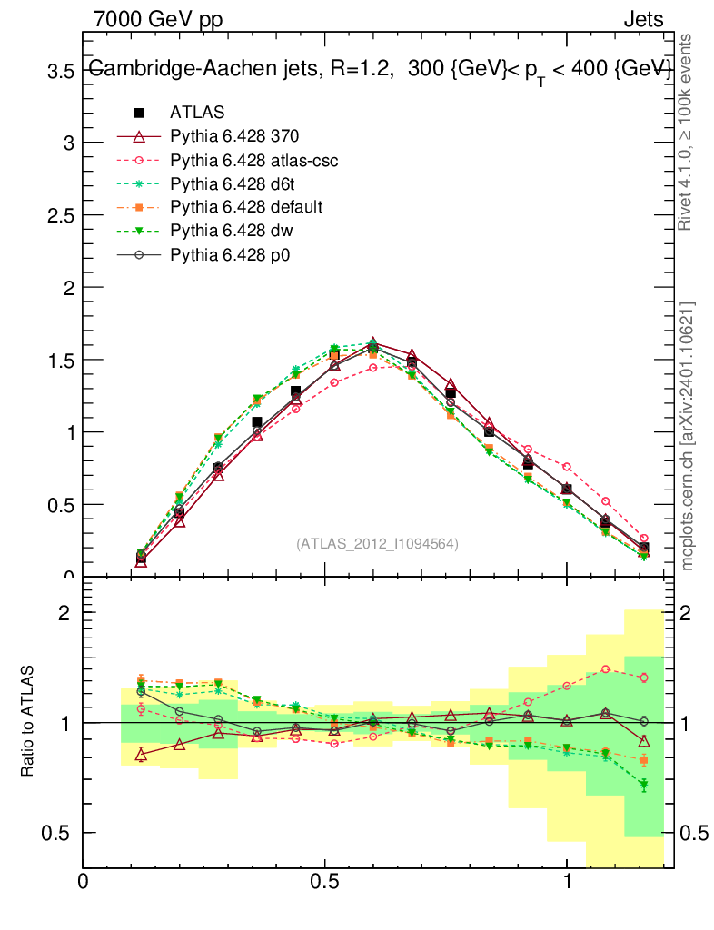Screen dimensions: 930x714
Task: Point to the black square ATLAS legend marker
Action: [139, 113]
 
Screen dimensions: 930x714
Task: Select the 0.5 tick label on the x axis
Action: [325, 881]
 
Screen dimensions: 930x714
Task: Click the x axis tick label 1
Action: [567, 881]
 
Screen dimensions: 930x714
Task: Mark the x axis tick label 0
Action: [84, 881]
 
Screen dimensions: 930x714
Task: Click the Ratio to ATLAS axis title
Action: [27, 722]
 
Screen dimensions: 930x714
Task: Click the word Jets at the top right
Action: [643, 19]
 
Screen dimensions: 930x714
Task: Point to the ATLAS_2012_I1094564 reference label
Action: [377, 544]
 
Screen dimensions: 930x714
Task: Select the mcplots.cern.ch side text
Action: [688, 436]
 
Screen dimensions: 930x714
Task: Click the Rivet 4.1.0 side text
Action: [688, 133]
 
